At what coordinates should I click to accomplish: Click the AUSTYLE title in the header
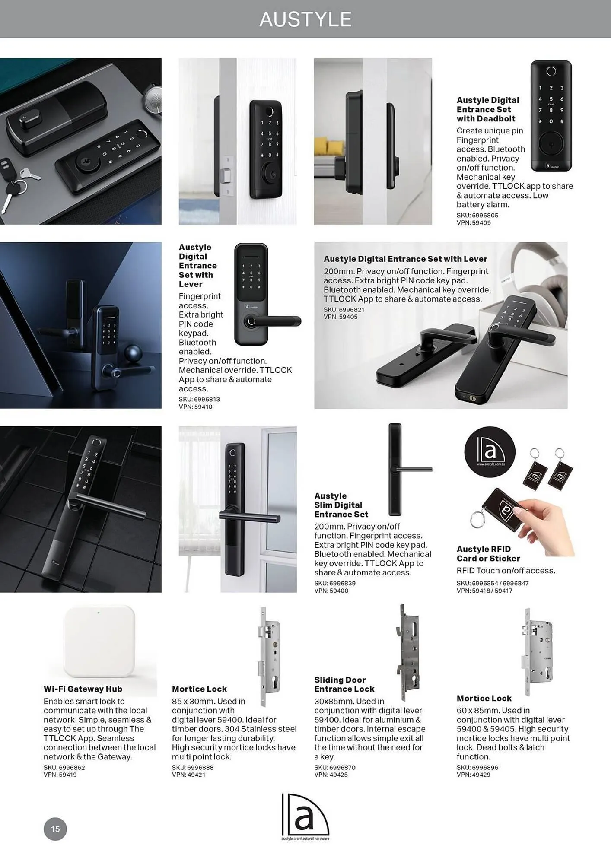[x=305, y=19]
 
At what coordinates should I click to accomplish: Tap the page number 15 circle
[x=55, y=829]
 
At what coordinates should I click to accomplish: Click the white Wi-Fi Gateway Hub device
[x=100, y=642]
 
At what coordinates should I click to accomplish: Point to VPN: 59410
[x=195, y=407]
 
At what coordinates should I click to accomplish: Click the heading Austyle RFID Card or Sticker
[x=488, y=553]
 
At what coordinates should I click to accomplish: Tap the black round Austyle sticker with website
[x=490, y=452]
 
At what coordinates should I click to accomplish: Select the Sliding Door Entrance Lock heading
[x=344, y=684]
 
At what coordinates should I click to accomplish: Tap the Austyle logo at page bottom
[x=305, y=816]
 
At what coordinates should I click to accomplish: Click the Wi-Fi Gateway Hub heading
[x=83, y=689]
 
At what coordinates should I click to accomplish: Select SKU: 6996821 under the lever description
[x=344, y=309]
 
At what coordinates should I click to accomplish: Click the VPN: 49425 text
[x=331, y=775]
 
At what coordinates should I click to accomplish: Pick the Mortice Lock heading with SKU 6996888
[x=199, y=689]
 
